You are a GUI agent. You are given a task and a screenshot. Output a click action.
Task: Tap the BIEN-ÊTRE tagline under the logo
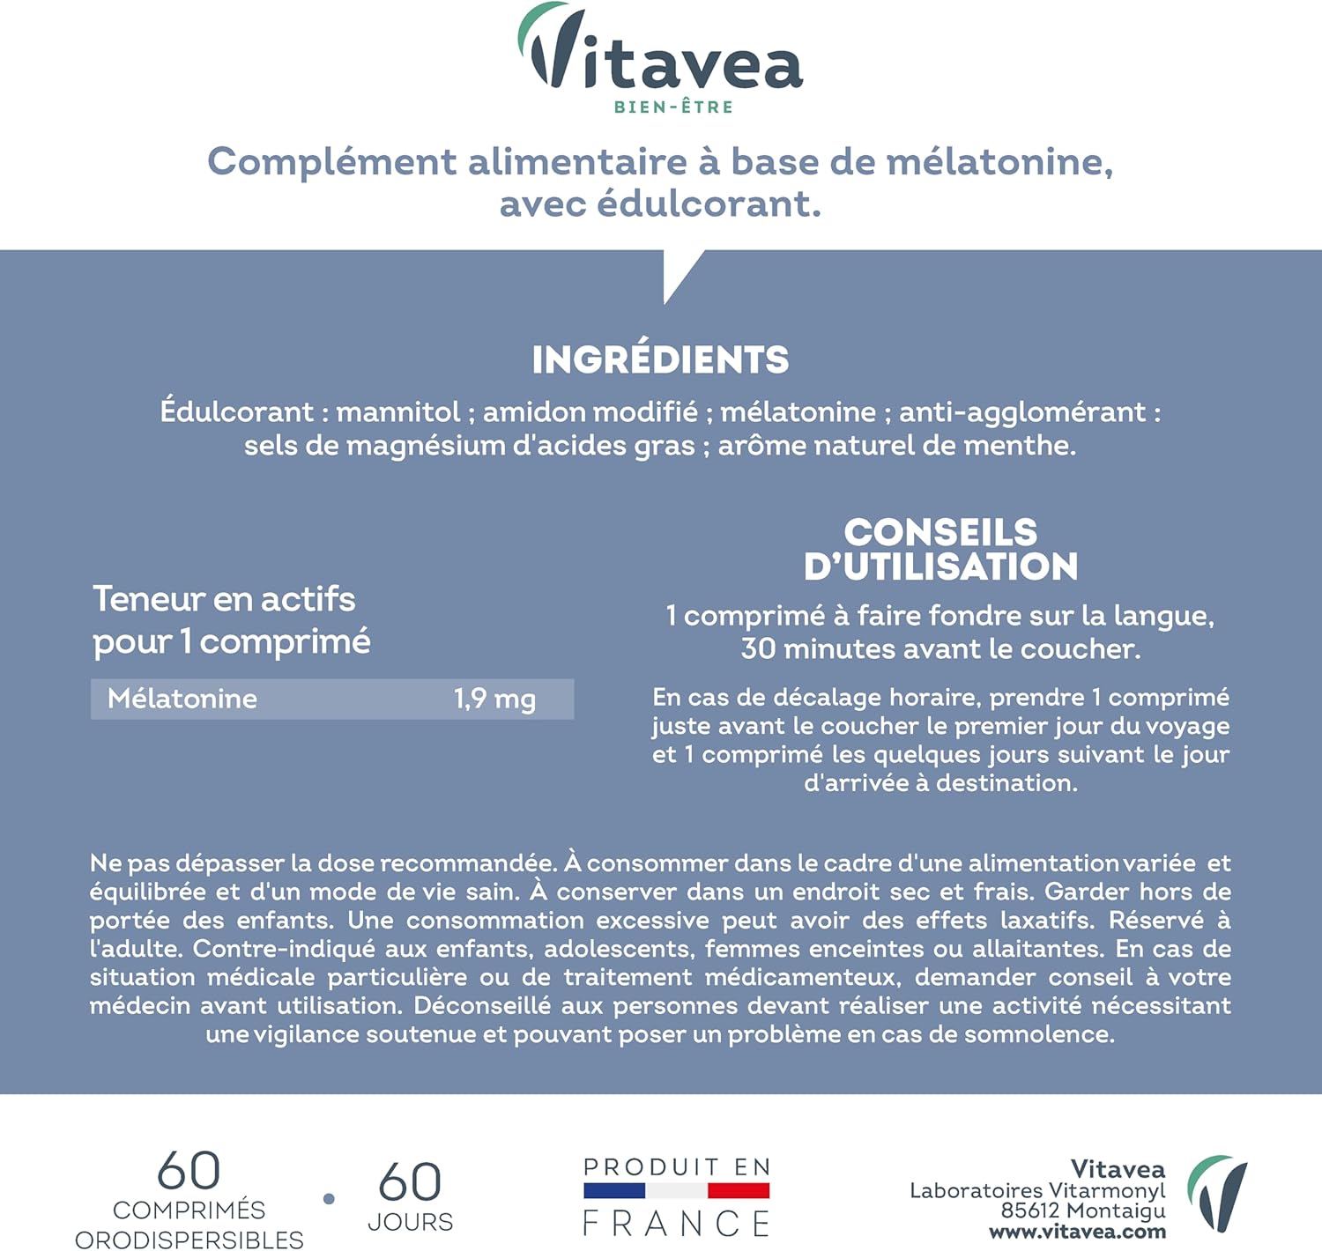[673, 107]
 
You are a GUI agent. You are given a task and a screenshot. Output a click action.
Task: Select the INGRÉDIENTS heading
[660, 359]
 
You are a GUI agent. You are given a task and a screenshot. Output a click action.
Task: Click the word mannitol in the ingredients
[398, 411]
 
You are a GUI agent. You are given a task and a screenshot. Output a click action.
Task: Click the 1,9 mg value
[494, 700]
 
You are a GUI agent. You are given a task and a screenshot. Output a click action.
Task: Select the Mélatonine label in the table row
[182, 700]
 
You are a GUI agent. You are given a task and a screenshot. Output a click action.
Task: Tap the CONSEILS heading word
[940, 532]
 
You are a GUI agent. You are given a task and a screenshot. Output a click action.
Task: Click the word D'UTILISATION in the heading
[940, 567]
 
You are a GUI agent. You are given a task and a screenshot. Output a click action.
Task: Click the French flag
[676, 1191]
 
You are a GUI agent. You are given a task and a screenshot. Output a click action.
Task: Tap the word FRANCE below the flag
[676, 1224]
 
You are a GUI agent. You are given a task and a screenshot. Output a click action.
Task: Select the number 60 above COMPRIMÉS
[189, 1172]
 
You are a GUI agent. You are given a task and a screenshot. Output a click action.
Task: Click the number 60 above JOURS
[410, 1182]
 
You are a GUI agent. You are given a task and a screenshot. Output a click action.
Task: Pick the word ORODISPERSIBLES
[189, 1240]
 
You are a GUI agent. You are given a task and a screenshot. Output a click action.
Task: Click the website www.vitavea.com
[1077, 1232]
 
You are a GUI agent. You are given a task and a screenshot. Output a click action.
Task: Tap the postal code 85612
[1029, 1211]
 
